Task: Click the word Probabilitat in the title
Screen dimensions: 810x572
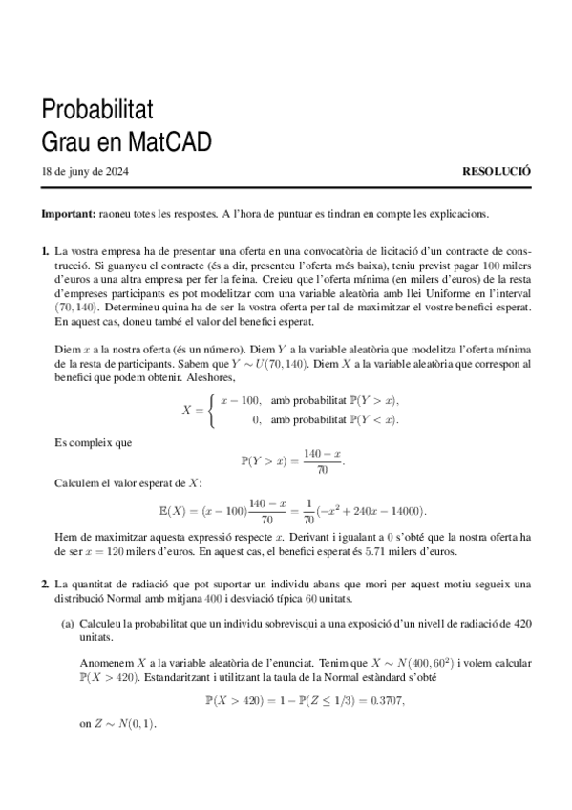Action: click(x=98, y=107)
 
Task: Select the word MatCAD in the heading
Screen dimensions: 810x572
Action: click(x=172, y=141)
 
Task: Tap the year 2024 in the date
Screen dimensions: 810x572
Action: click(x=117, y=173)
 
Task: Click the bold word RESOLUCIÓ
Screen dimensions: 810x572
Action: click(x=496, y=173)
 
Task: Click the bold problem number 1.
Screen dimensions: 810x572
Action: click(x=45, y=251)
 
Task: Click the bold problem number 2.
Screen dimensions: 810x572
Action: click(x=45, y=583)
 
